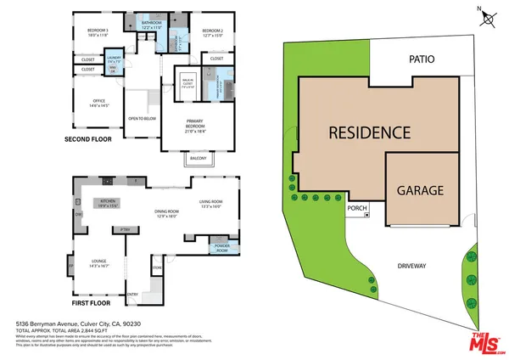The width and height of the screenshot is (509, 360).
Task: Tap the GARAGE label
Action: click(x=420, y=191)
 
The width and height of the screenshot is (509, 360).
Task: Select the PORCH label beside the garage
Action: click(x=355, y=207)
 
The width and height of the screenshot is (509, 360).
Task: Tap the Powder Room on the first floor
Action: click(x=222, y=250)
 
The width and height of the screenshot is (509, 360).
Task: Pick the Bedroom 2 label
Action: click(x=211, y=34)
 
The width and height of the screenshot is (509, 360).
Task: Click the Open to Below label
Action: click(x=138, y=119)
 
